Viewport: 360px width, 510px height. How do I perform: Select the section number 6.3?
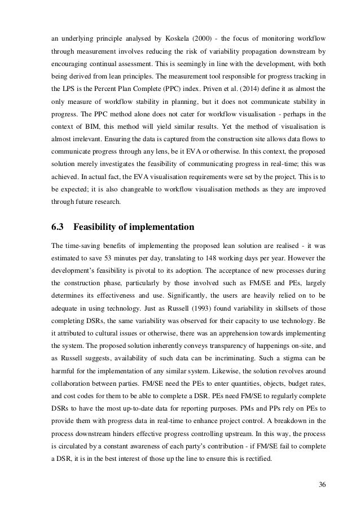[x=58, y=228]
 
